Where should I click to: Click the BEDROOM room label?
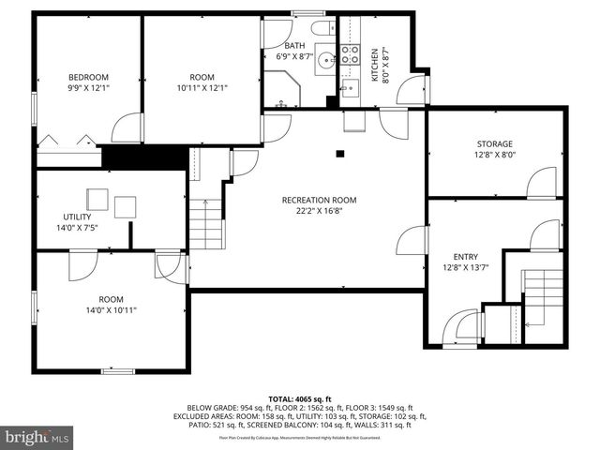tap(88, 77)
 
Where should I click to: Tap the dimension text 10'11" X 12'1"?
tap(202, 88)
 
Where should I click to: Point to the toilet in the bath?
tap(318, 26)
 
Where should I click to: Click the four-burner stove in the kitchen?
tap(350, 54)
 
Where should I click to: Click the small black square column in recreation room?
tap(340, 154)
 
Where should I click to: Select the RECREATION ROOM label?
tap(319, 200)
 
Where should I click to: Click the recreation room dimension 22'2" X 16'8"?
tap(319, 211)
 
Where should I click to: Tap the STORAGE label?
tap(494, 143)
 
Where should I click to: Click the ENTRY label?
tap(466, 256)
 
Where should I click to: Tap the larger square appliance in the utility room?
tap(98, 199)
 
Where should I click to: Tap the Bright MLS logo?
tap(37, 437)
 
